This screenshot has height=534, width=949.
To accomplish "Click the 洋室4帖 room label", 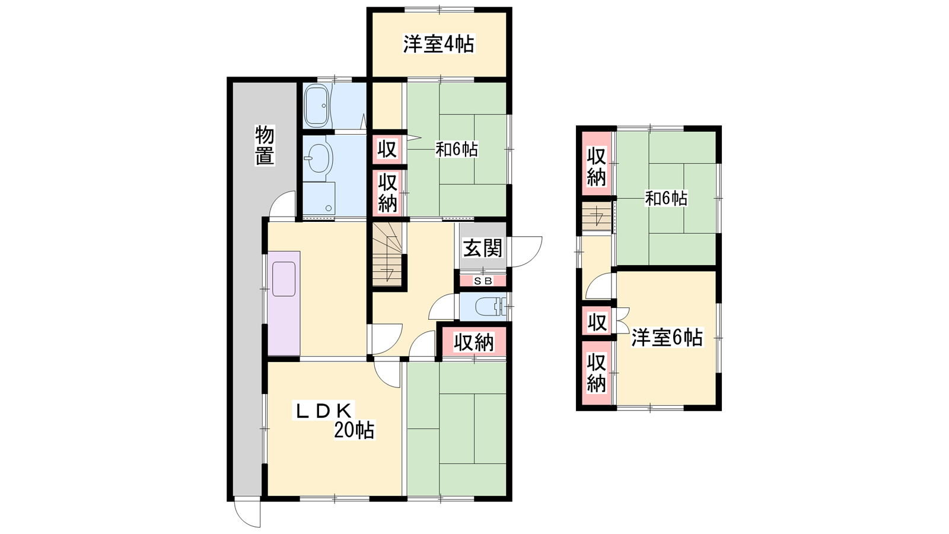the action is tap(438, 44).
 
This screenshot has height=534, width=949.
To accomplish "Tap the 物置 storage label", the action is tap(265, 145).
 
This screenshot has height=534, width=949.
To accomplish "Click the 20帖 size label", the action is tap(354, 431).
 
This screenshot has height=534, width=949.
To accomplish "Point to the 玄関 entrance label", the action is tap(483, 248).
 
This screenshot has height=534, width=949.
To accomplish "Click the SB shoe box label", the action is tap(483, 281).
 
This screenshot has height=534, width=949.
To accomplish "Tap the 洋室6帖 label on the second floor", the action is tap(667, 338).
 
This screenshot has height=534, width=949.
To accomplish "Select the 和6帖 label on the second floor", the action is tap(666, 198).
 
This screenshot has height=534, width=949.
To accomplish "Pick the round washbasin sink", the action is tap(318, 158).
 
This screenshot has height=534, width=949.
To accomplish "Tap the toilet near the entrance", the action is tap(491, 307).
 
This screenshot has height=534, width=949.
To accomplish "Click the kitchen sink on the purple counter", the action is tap(284, 279).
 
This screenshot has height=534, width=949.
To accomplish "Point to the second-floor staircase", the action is tap(597, 217).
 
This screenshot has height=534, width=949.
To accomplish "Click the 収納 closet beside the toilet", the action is tap(474, 342).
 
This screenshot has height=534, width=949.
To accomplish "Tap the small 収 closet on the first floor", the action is tap(387, 150).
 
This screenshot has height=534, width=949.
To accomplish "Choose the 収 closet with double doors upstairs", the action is tap(597, 323).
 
